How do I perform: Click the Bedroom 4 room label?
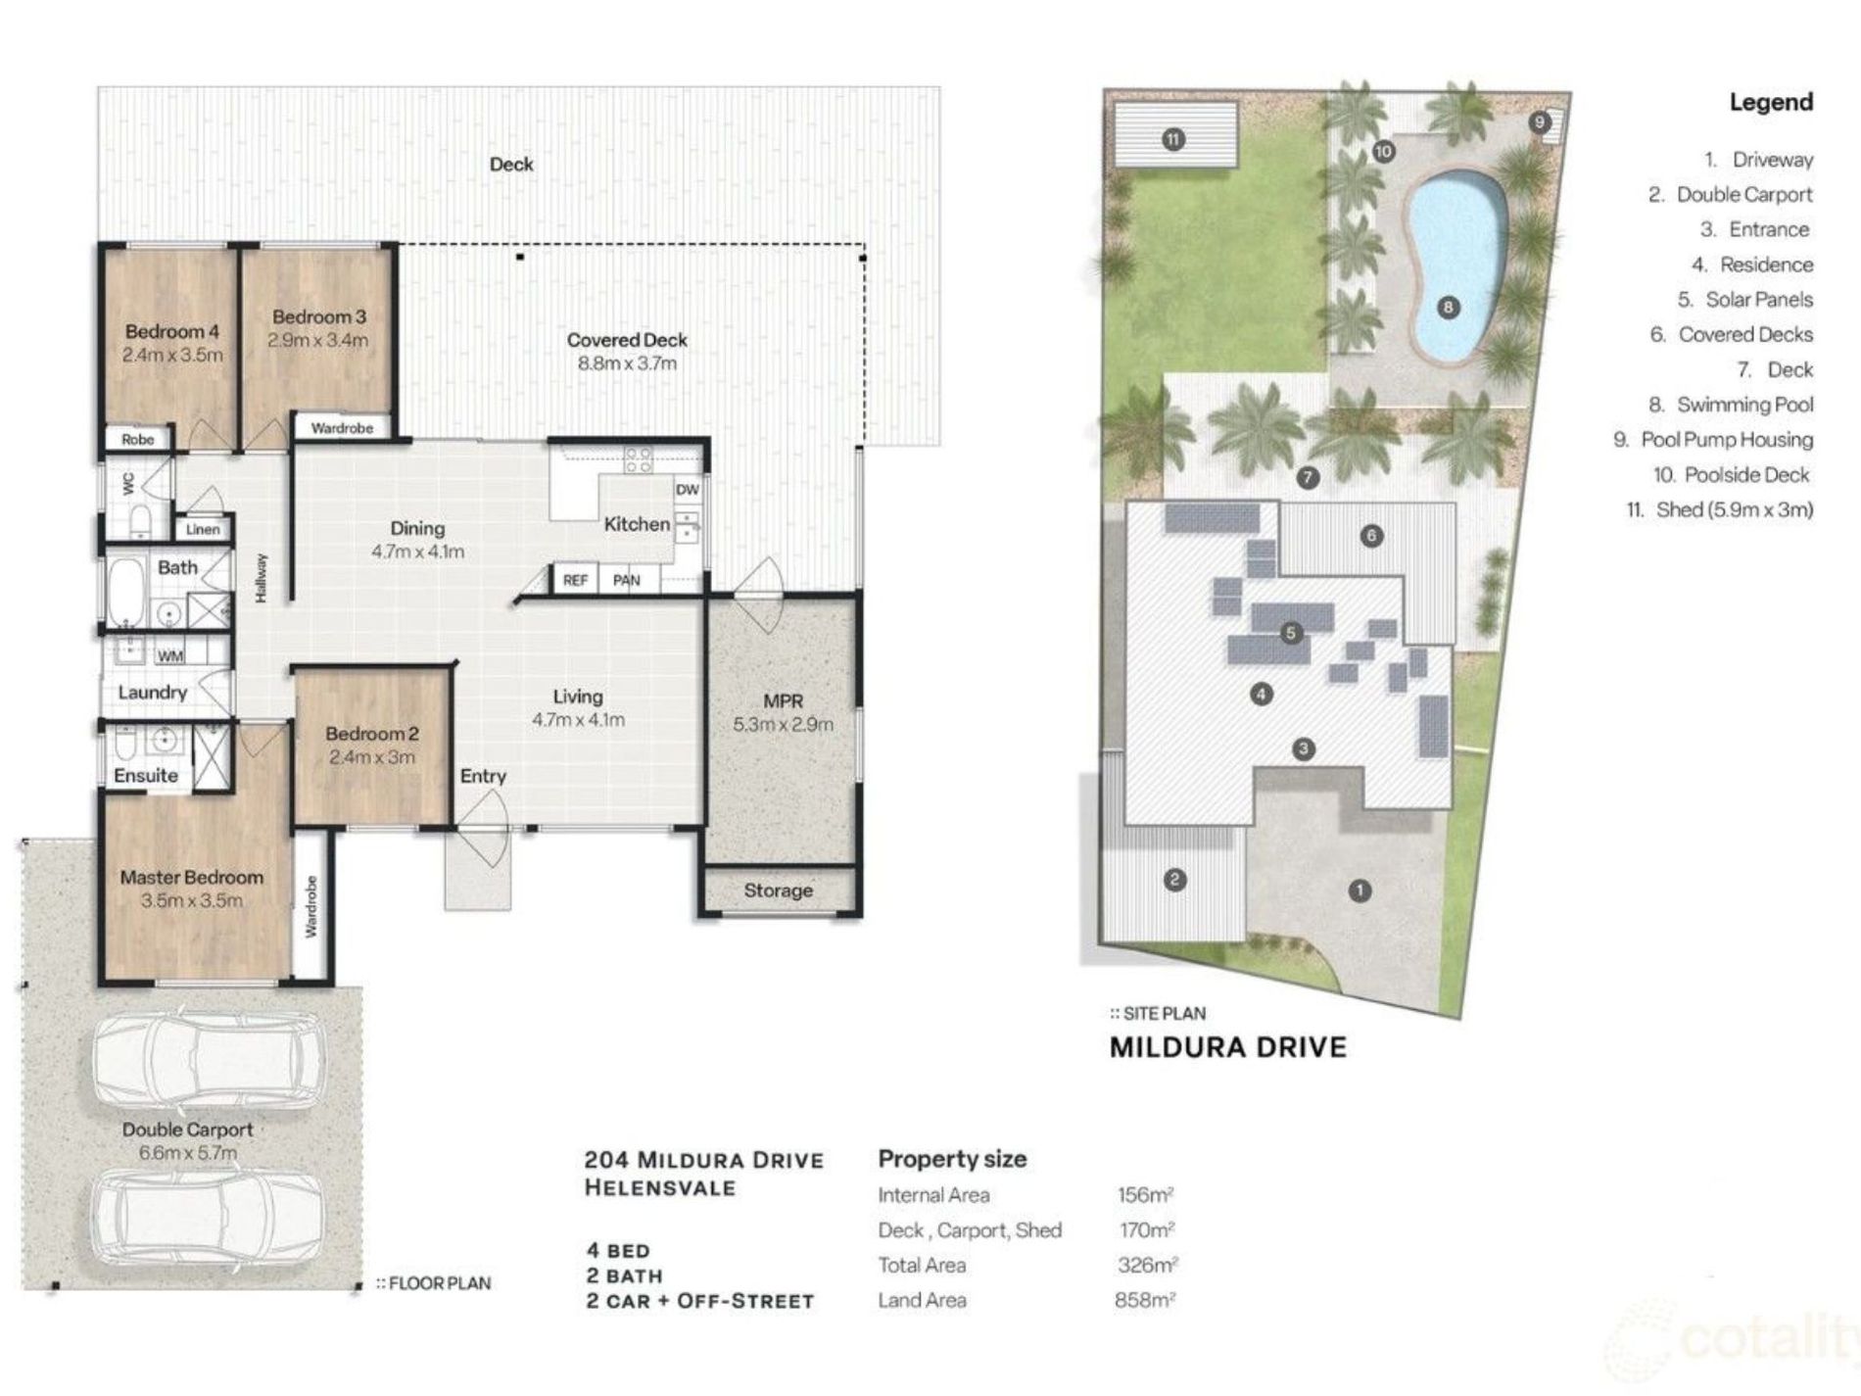click(171, 331)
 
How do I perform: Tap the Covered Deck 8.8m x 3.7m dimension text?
click(627, 363)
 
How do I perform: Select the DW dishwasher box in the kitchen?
click(687, 490)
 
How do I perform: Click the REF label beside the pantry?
click(575, 580)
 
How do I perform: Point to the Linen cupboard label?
click(203, 529)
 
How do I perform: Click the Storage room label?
click(778, 891)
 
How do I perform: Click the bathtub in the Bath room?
click(123, 593)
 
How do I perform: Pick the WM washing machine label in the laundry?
click(169, 655)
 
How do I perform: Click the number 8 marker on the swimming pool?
click(1449, 308)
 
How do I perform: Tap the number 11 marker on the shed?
click(1173, 139)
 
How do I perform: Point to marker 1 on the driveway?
click(1360, 891)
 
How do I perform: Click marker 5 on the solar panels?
click(1290, 633)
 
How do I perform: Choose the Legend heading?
click(1771, 102)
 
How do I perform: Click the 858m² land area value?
click(1144, 1300)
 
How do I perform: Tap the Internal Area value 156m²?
click(1145, 1195)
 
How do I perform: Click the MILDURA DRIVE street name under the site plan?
click(1228, 1047)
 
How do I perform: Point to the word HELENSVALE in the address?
click(659, 1188)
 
